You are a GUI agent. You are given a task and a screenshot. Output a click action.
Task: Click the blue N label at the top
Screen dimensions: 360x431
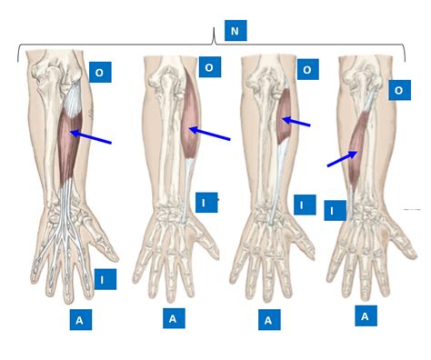[235, 31]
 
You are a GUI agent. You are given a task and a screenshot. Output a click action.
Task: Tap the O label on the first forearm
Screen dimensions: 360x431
[99, 73]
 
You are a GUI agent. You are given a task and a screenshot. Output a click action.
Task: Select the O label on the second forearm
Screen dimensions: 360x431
[209, 67]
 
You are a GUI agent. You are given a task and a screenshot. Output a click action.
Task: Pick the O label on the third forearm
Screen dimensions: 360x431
[307, 70]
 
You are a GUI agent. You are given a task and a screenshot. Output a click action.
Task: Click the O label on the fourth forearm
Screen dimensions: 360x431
[399, 90]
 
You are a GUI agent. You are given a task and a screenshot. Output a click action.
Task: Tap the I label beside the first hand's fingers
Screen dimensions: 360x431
[104, 279]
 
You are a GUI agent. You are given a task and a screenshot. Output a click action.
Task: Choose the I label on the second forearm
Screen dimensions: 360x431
[205, 203]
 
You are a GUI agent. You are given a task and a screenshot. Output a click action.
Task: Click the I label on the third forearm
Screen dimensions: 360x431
[304, 205]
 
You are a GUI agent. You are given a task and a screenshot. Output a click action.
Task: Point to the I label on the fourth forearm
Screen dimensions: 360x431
[334, 211]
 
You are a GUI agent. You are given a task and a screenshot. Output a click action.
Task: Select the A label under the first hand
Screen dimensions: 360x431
[80, 320]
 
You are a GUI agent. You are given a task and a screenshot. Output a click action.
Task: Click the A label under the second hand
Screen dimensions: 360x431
[173, 318]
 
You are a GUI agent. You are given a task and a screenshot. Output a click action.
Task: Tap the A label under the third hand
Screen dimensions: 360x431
[268, 320]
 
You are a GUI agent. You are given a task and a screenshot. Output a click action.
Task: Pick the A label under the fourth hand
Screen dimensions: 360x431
[366, 315]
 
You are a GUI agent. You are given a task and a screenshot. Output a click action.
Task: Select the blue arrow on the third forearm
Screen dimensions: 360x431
[296, 121]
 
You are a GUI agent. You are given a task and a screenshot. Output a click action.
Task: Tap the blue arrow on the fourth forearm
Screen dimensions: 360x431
[342, 159]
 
